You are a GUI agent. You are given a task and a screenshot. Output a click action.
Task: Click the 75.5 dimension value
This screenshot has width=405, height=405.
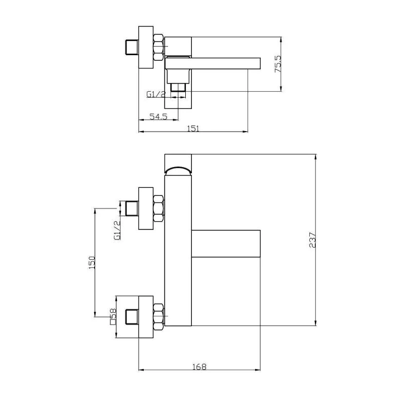pyautogui.click(x=278, y=64)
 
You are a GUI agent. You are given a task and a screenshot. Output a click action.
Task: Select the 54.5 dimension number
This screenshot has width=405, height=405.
pyautogui.click(x=158, y=116)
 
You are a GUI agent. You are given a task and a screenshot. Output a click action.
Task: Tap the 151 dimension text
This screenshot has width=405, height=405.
pyautogui.click(x=193, y=129)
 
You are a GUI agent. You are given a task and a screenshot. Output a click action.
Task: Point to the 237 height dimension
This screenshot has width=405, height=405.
pyautogui.click(x=312, y=240)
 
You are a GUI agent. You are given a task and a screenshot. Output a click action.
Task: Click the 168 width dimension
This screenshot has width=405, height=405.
pyautogui.click(x=199, y=367)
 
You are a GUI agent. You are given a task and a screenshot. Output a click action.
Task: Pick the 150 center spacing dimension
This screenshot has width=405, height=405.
pyautogui.click(x=92, y=262)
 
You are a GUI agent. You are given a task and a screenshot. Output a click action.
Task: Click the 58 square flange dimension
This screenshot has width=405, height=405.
pyautogui.click(x=113, y=313)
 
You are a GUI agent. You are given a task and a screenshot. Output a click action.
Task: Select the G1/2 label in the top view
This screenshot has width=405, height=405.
pyautogui.click(x=156, y=95)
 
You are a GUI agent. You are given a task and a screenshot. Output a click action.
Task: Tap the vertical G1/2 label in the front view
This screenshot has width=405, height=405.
pyautogui.click(x=117, y=230)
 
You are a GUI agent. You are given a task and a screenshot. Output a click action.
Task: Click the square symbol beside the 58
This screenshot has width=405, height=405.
pyautogui.click(x=112, y=322)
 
